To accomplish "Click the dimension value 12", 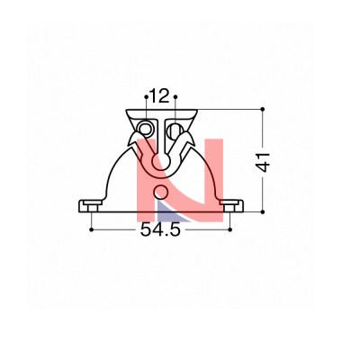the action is (x=160, y=96).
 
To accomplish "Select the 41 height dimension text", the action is (x=264, y=162).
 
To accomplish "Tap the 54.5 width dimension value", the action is (x=160, y=230).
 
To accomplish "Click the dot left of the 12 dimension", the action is (x=146, y=96).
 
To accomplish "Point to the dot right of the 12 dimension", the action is (x=175, y=96).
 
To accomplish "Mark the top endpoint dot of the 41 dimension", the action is (x=263, y=109).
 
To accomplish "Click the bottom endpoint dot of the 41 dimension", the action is (x=263, y=212).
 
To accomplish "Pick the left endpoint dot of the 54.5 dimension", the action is (x=92, y=229).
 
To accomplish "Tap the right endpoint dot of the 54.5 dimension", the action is (x=229, y=229).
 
